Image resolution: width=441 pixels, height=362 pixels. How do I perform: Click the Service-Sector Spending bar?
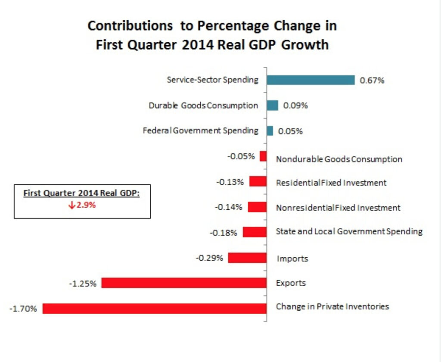click(x=310, y=80)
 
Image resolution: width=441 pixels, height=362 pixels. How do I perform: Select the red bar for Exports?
click(x=184, y=283)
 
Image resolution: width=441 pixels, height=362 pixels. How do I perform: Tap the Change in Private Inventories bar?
click(x=154, y=309)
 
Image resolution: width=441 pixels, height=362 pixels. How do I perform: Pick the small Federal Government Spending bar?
click(x=270, y=131)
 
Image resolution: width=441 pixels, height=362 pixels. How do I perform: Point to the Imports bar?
click(x=247, y=258)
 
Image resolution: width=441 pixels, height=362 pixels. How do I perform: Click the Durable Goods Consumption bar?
click(x=273, y=106)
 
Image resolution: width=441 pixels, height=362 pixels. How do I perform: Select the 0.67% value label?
click(x=372, y=81)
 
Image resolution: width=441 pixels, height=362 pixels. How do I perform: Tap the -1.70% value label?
click(x=23, y=309)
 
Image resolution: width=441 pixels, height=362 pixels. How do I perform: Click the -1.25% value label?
click(x=83, y=284)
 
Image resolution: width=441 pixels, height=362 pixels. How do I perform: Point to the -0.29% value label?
click(x=209, y=258)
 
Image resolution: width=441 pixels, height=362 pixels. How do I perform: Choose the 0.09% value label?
click(x=295, y=106)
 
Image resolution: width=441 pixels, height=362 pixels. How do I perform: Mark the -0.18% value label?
click(x=223, y=233)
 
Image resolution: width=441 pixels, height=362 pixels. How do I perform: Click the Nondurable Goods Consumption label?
click(x=339, y=159)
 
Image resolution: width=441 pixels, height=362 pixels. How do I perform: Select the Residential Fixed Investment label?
click(x=331, y=183)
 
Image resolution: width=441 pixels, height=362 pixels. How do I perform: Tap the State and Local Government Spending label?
click(x=349, y=231)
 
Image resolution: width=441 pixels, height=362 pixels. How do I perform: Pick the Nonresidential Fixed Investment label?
click(x=338, y=208)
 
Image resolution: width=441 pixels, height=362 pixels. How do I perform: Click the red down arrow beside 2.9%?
click(x=72, y=205)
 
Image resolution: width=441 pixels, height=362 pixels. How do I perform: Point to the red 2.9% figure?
click(x=86, y=205)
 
